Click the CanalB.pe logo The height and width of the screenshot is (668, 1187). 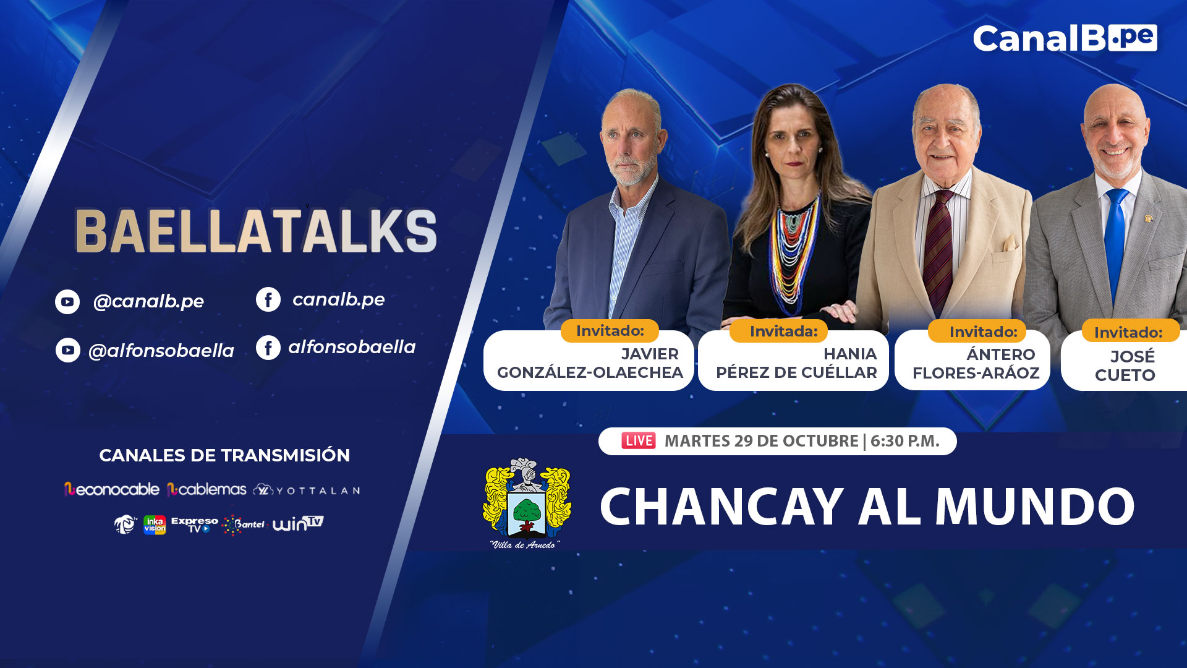pyautogui.click(x=1065, y=38)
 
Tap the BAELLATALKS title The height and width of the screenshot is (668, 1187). pyautogui.click(x=256, y=231)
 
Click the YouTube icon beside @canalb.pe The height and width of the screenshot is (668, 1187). pyautogui.click(x=67, y=302)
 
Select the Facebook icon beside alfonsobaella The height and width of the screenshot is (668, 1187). pyautogui.click(x=268, y=348)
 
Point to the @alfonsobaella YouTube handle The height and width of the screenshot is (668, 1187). pyautogui.click(x=161, y=351)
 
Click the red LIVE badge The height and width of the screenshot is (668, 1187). pyautogui.click(x=639, y=441)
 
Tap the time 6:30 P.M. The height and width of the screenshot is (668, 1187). pyautogui.click(x=905, y=441)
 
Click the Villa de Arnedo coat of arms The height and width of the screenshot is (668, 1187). pyautogui.click(x=526, y=502)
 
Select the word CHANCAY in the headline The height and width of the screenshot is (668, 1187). pyautogui.click(x=722, y=507)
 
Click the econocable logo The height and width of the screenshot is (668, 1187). pyautogui.click(x=112, y=489)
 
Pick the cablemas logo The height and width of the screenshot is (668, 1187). pyautogui.click(x=206, y=489)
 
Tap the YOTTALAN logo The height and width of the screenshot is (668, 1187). pyautogui.click(x=307, y=490)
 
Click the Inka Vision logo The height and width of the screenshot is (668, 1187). pyautogui.click(x=155, y=525)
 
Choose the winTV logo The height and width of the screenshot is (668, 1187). pyautogui.click(x=298, y=524)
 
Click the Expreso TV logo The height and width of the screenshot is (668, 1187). pyautogui.click(x=194, y=525)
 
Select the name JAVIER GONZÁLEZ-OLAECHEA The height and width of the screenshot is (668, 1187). pyautogui.click(x=590, y=363)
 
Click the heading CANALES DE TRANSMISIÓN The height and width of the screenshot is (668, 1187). pyautogui.click(x=224, y=455)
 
